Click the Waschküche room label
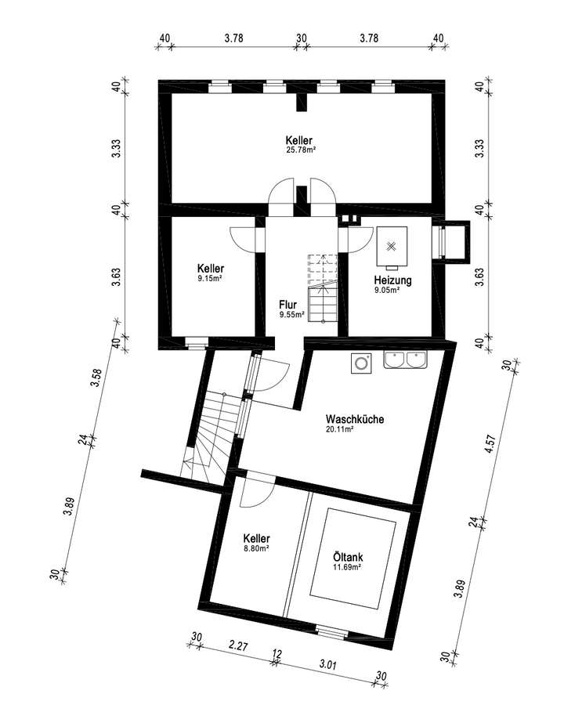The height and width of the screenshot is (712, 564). [x=354, y=419]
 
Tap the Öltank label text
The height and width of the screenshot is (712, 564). [x=347, y=558]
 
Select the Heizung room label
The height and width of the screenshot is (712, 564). [x=392, y=280]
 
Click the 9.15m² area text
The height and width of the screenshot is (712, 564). [x=210, y=277]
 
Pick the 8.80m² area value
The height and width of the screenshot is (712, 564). [x=257, y=549]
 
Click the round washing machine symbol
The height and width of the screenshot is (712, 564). [x=360, y=363]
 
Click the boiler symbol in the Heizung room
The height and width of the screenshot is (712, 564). [x=391, y=245]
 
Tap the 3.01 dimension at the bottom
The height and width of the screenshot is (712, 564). [x=329, y=666]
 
